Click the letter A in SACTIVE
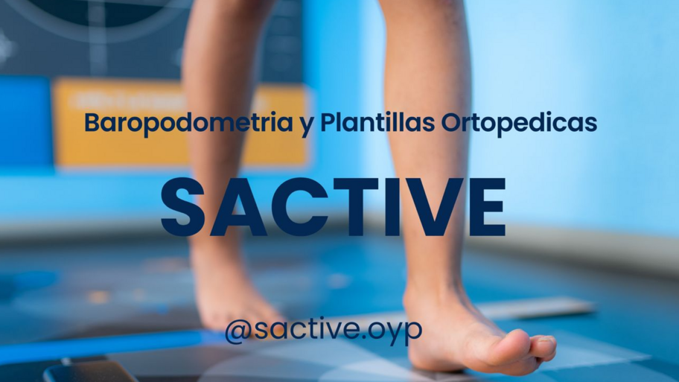click(x=246, y=208)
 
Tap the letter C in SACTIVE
click(x=310, y=208)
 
